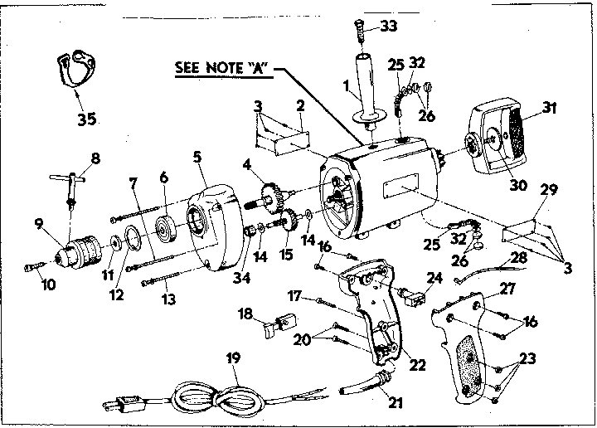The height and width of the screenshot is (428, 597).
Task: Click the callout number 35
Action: pyautogui.click(x=86, y=119)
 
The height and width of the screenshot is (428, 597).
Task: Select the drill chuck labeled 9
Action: pyautogui.click(x=80, y=251)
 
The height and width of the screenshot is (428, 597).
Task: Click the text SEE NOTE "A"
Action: pyautogui.click(x=224, y=68)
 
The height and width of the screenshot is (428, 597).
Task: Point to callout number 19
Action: pyautogui.click(x=233, y=358)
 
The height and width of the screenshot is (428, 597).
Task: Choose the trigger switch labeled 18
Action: pyautogui.click(x=279, y=323)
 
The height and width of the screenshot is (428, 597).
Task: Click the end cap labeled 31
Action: pyautogui.click(x=498, y=139)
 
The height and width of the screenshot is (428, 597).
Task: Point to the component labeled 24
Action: pyautogui.click(x=411, y=296)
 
